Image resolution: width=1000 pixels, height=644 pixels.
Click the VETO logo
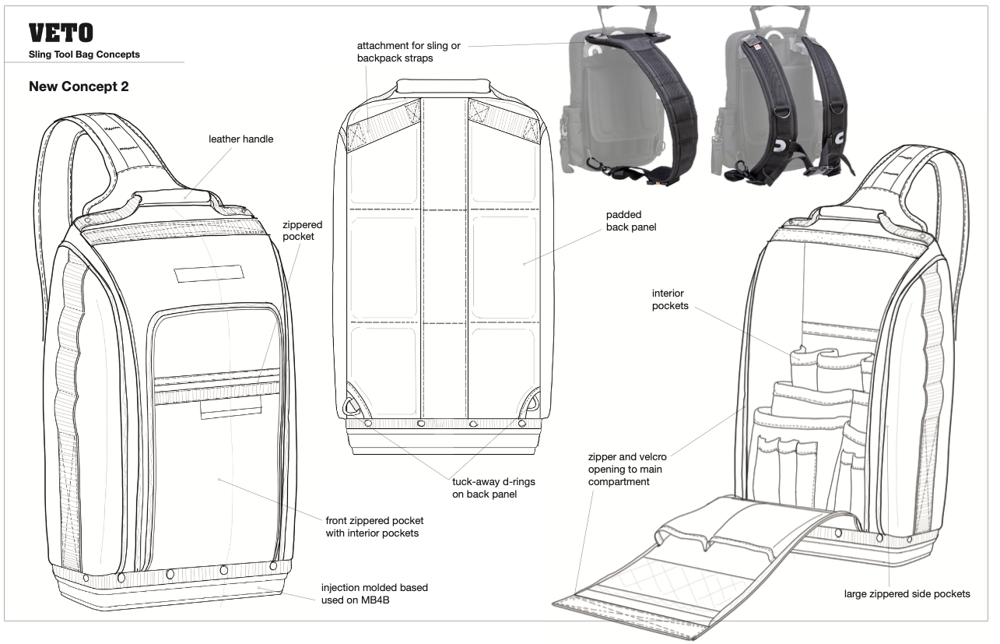pos(61,33)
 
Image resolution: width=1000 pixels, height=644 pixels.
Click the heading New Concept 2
pos(79,86)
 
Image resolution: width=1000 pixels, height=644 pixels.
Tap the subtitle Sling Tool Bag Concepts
pos(84,55)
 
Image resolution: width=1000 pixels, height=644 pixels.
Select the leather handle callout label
pos(241,139)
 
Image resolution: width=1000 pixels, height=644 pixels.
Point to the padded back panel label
pos(631,221)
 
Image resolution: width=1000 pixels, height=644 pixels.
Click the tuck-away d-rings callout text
pos(493,488)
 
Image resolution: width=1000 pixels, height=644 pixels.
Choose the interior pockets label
pos(670,300)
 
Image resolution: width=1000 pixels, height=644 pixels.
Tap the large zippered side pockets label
pos(907,594)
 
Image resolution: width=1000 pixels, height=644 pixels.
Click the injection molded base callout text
pos(374,594)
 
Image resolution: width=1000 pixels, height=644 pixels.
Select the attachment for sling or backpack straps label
pos(409,52)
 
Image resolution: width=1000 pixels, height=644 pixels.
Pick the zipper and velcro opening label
pos(627,470)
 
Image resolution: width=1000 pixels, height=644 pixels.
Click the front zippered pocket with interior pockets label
pos(374,527)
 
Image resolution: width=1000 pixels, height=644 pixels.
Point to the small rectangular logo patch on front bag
pos(209,274)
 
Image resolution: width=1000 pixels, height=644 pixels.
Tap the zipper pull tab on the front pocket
pos(230,410)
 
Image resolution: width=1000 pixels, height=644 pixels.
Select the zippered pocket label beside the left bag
pos(302,231)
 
